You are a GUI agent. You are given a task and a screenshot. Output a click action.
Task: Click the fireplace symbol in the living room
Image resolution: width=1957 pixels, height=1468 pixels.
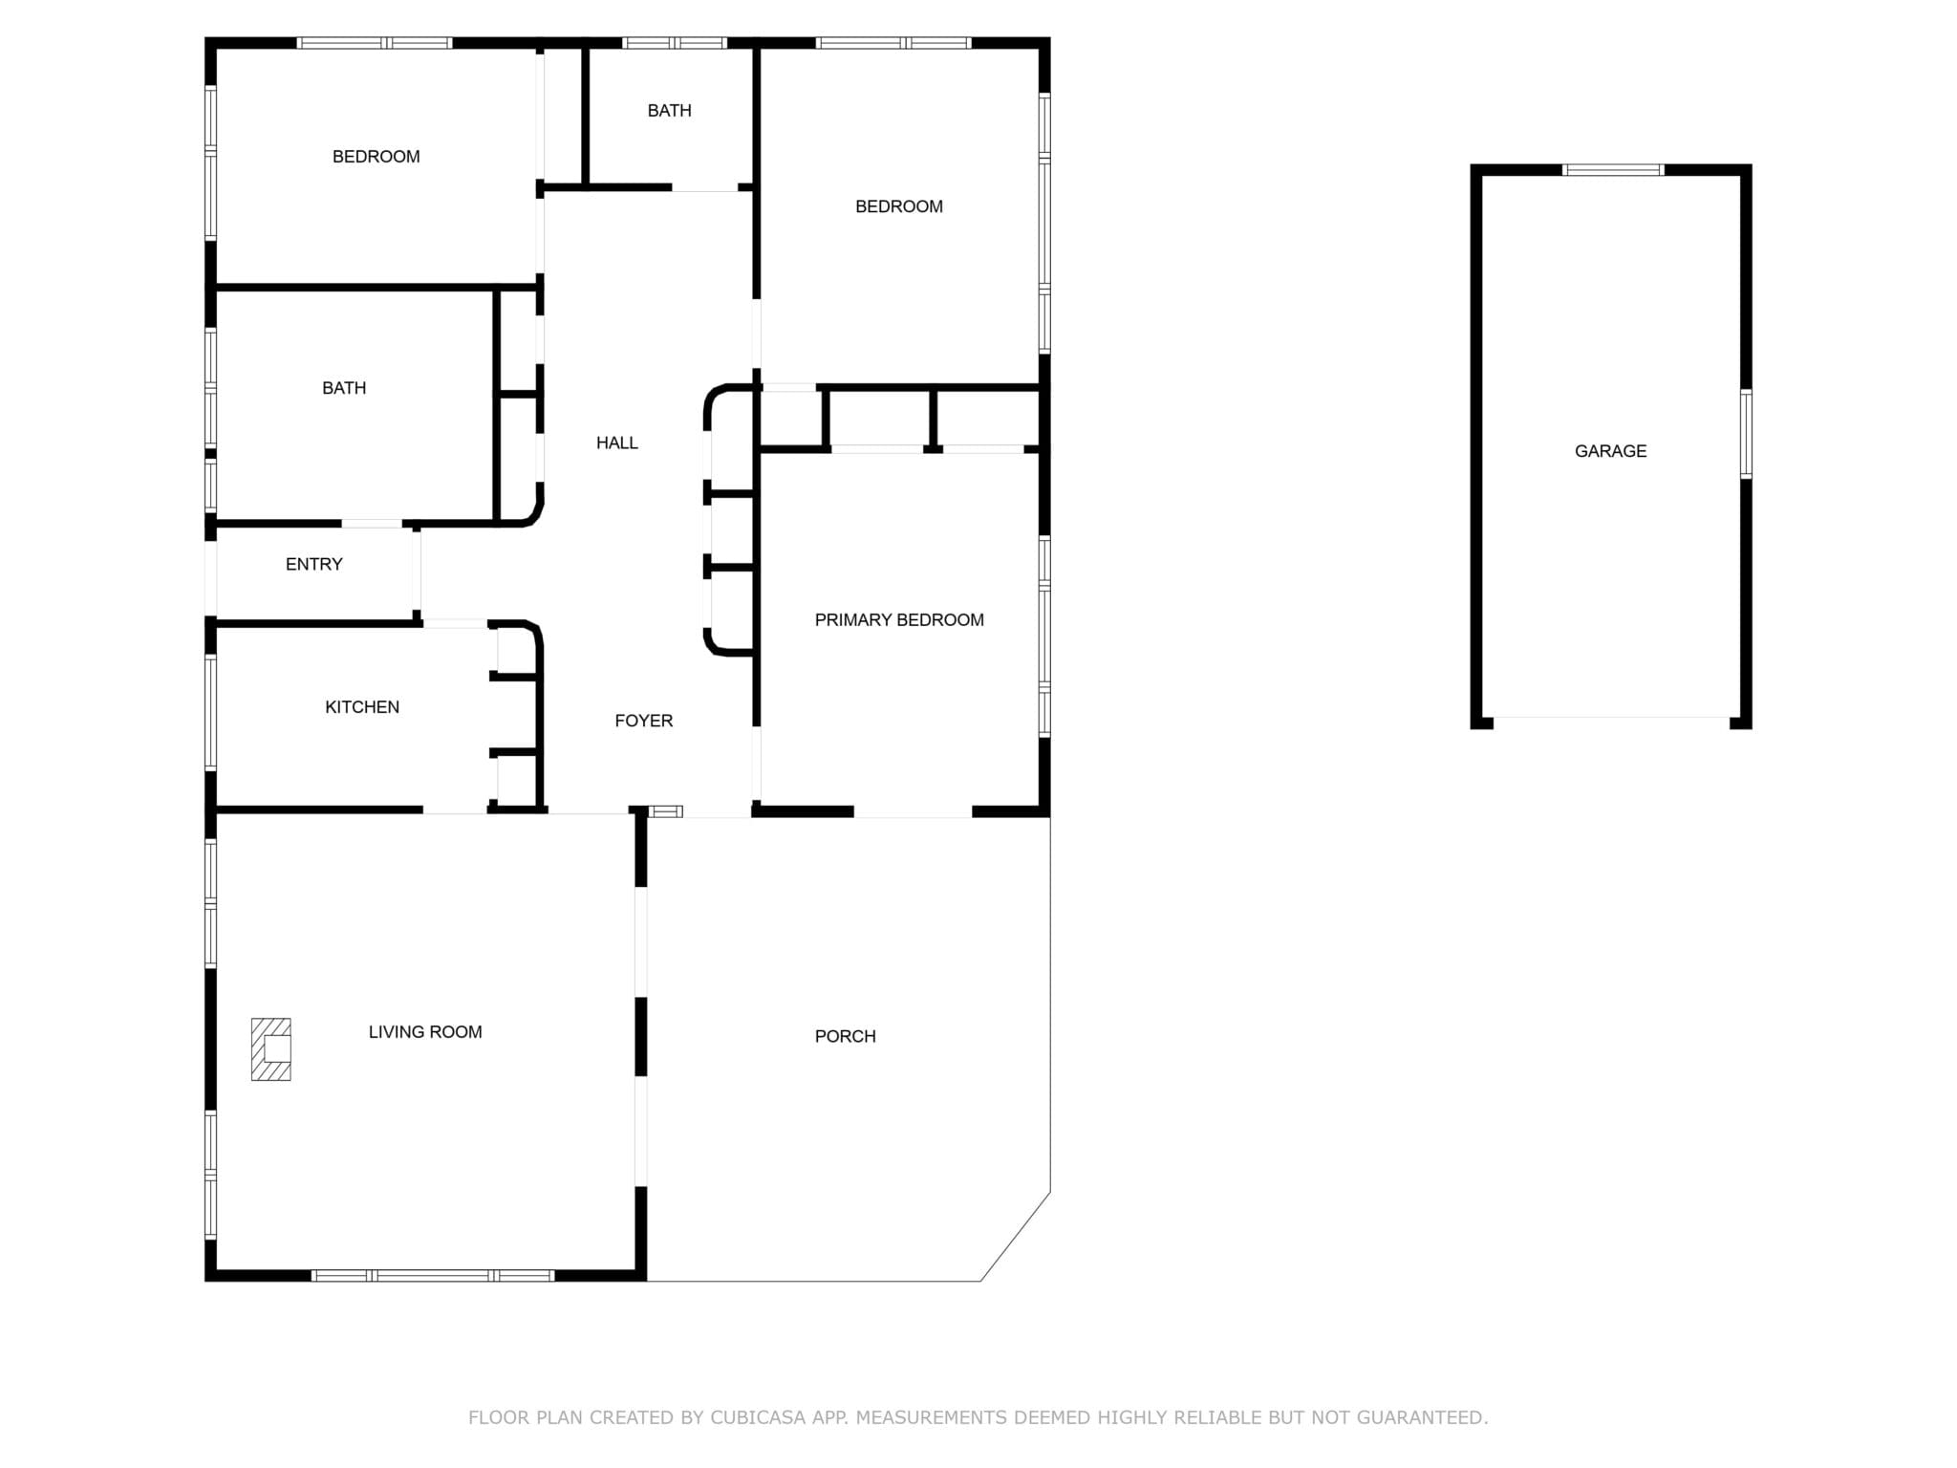(270, 1049)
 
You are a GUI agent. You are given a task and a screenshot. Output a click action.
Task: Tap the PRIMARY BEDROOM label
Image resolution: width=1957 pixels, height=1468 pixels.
(899, 620)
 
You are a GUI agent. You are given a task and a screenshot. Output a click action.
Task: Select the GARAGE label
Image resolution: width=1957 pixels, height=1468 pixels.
(1610, 451)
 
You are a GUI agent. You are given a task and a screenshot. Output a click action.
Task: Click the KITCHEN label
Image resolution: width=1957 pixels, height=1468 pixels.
(362, 707)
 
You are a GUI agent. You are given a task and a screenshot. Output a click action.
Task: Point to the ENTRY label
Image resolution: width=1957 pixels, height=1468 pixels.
(313, 565)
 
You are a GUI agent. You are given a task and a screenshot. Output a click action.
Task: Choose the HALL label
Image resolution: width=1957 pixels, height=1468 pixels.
(617, 443)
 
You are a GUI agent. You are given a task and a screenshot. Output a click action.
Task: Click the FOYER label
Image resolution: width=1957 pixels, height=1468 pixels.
(643, 721)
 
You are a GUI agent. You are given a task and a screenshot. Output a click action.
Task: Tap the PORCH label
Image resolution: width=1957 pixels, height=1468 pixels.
(845, 1036)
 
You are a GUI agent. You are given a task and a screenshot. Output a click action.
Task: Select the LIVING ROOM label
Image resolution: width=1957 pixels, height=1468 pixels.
(425, 1032)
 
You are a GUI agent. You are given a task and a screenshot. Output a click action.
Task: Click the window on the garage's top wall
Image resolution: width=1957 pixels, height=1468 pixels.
(1613, 170)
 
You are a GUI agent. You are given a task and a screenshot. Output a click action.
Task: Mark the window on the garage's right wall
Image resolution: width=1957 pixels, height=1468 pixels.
(1746, 434)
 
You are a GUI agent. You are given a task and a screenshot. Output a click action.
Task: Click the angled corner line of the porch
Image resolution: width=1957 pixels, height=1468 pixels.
(1016, 1237)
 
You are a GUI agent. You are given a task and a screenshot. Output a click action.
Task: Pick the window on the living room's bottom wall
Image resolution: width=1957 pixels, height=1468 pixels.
(433, 1275)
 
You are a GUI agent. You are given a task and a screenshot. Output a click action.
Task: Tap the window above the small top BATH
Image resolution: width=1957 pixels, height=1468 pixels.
(675, 43)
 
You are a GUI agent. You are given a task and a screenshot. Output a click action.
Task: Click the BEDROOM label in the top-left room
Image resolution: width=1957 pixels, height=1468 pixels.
(376, 157)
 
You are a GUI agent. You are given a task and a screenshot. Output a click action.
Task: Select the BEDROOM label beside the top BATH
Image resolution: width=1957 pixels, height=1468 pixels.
(899, 206)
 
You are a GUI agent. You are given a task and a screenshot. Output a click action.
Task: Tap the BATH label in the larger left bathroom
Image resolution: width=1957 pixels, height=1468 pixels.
(344, 388)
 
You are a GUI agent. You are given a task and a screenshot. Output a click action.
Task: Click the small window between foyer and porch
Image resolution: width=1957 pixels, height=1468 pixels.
(666, 811)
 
